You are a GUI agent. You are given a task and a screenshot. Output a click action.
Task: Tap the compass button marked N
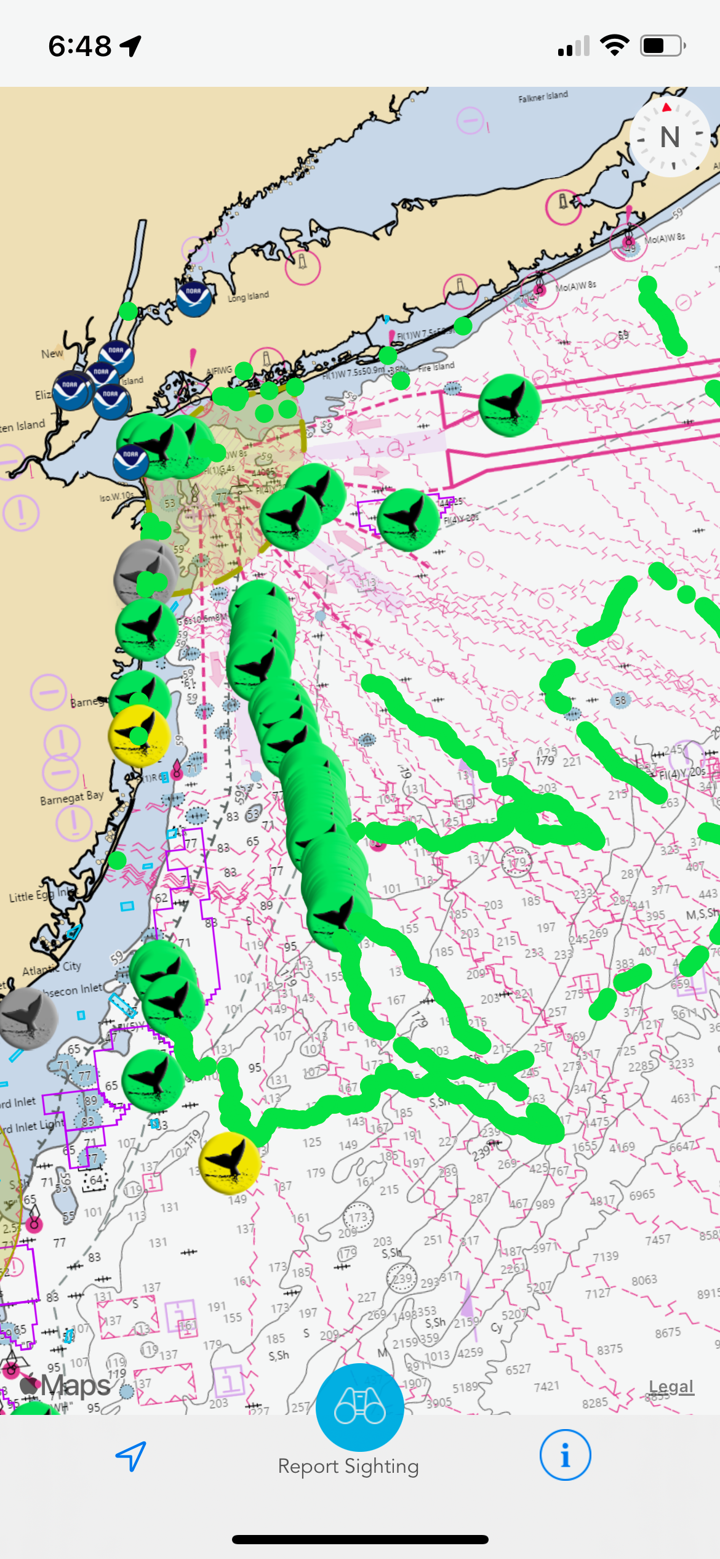pyautogui.click(x=670, y=137)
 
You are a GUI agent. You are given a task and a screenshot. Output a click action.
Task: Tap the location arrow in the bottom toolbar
pyautogui.click(x=131, y=1456)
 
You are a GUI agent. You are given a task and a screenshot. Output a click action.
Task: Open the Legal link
pyautogui.click(x=671, y=1387)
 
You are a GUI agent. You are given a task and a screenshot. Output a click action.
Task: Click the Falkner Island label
pyautogui.click(x=543, y=97)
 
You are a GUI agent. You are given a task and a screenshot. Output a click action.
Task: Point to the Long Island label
pyautogui.click(x=248, y=297)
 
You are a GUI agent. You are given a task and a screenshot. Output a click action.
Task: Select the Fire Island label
pyautogui.click(x=436, y=367)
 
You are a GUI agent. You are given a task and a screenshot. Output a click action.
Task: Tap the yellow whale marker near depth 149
pyautogui.click(x=230, y=1162)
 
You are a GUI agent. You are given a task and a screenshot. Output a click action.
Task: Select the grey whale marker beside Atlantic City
pyautogui.click(x=28, y=1018)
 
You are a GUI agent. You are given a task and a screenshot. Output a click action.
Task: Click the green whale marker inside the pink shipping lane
pyautogui.click(x=510, y=405)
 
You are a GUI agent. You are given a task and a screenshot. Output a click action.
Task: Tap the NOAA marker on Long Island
pyautogui.click(x=194, y=299)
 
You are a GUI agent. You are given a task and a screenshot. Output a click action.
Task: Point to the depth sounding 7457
pyautogui.click(x=657, y=1239)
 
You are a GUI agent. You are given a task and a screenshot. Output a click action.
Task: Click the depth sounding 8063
pyautogui.click(x=644, y=1279)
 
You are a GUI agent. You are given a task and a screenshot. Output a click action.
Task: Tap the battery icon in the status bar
pyautogui.click(x=662, y=46)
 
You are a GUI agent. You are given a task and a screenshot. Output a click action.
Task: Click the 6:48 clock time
pyautogui.click(x=80, y=46)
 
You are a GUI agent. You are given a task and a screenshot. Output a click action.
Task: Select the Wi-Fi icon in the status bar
pyautogui.click(x=614, y=46)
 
